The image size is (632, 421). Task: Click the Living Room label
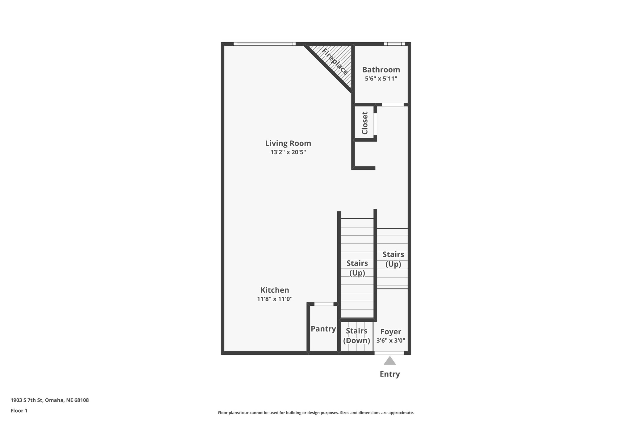tap(288, 143)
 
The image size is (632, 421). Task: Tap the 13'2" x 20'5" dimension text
tap(288, 152)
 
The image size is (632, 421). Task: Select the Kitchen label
tap(275, 290)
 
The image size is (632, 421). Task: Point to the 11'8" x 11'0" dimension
tap(275, 299)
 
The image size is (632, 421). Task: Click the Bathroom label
tap(381, 70)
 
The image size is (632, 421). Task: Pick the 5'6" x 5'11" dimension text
tap(381, 78)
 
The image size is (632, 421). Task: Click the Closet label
tap(365, 123)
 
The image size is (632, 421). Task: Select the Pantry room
tap(323, 329)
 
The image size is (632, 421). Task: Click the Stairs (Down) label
tap(356, 336)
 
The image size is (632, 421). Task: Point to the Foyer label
tap(391, 332)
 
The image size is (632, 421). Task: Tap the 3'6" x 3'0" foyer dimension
tap(391, 341)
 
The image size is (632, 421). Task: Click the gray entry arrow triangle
tap(390, 361)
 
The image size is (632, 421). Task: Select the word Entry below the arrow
tap(390, 374)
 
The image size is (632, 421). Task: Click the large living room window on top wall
tap(264, 44)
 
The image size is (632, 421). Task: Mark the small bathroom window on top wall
tap(394, 44)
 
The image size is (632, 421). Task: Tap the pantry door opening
tap(324, 304)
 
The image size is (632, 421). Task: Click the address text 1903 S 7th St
tap(50, 400)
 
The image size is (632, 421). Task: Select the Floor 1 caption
tap(19, 411)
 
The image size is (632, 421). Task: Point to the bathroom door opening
tap(393, 105)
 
